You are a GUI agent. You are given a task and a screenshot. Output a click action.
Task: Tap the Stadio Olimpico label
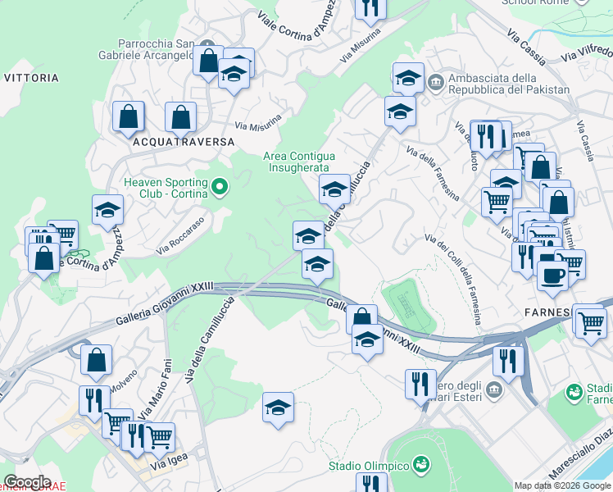tap(369, 466)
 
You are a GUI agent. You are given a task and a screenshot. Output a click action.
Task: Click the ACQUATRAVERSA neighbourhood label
tap(181, 141)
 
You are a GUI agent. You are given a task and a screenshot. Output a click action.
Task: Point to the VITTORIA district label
tap(31, 78)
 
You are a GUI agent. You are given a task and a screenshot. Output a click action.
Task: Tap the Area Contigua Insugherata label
tap(298, 162)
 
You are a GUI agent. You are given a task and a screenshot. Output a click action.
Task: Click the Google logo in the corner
tap(26, 482)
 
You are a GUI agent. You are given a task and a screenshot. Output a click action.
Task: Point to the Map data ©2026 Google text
tap(562, 485)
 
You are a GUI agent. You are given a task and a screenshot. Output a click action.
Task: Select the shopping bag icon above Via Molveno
tap(97, 359)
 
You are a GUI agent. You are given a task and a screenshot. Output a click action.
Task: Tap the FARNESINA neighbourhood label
tap(547, 312)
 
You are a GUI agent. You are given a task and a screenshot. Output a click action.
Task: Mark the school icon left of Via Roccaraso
tap(107, 211)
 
